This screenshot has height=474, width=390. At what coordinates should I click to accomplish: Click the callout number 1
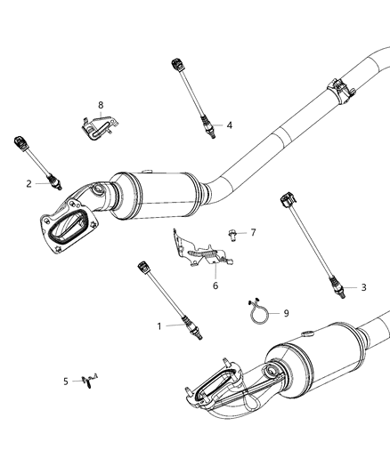tap(161, 326)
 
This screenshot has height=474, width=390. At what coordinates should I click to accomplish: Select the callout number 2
tap(29, 183)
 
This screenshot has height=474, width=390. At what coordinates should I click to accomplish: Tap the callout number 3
tap(362, 287)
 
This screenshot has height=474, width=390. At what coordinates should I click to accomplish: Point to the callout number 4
tap(229, 125)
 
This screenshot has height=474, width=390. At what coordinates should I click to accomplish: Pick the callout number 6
tap(215, 285)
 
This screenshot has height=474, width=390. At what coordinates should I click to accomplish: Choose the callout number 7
tap(253, 233)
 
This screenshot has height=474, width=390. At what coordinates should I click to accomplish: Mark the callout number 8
tap(101, 104)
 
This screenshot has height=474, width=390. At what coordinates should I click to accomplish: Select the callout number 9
tap(286, 313)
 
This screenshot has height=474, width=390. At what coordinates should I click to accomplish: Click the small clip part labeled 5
tap(87, 381)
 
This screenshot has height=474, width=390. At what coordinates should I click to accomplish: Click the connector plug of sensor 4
tap(175, 64)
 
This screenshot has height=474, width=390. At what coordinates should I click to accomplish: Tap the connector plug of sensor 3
tap(287, 197)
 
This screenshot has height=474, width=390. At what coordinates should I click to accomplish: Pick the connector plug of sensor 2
tap(20, 142)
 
